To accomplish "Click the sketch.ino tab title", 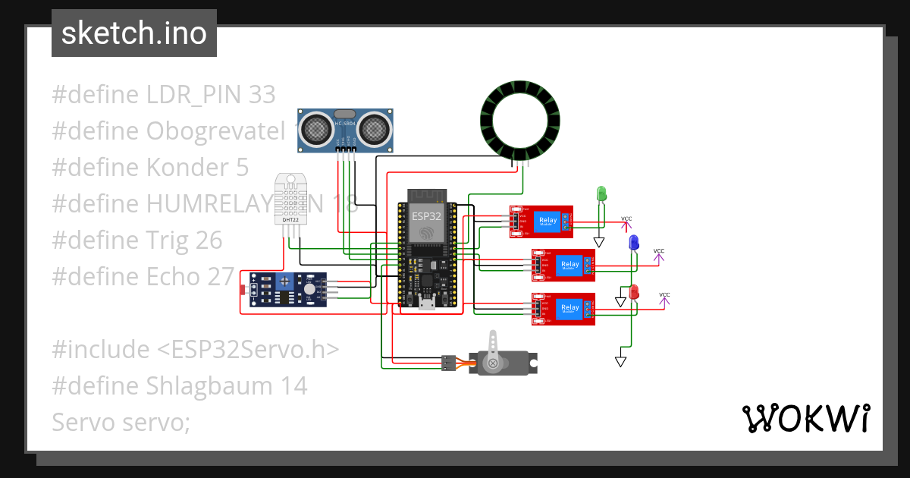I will coord(133,33).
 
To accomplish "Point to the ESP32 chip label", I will coord(426,215).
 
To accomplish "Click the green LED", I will coord(601,193).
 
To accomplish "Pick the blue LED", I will coord(633,243).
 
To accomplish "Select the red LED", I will coord(635,291).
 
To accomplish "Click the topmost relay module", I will coord(541,222).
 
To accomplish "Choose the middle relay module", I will coord(563,265).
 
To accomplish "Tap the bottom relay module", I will coord(563,309).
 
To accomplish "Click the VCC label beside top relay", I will coord(626,219).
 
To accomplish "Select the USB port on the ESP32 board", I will coord(427,305).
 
